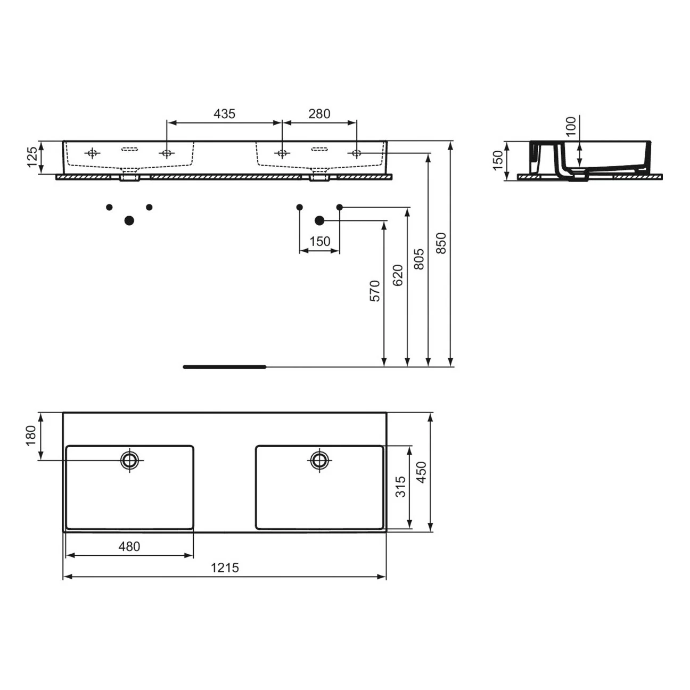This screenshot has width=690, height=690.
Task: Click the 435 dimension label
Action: coord(224,114)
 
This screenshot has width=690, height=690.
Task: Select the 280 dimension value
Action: coord(319,114)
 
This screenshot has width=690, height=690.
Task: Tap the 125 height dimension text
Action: coord(32,157)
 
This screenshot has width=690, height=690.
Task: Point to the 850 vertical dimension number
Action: coord(441,243)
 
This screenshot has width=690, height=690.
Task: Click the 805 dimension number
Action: coord(418,259)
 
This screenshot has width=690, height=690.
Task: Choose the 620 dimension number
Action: coord(398,275)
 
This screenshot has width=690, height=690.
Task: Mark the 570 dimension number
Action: coord(374,291)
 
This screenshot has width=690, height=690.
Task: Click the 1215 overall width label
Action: coord(225,568)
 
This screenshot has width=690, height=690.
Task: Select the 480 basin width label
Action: coord(129,546)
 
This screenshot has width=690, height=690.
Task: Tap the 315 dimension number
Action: coord(400,487)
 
